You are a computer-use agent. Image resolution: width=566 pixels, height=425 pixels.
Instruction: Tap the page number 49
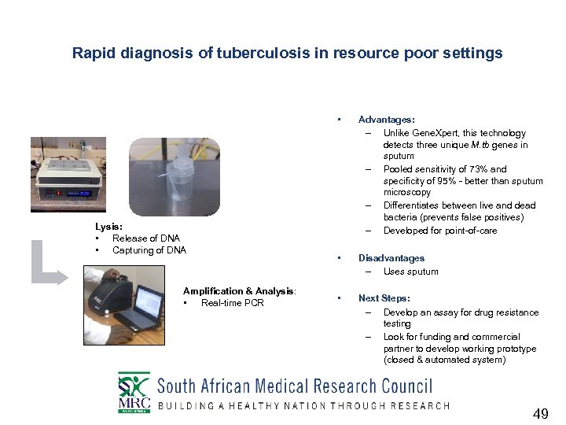(540, 414)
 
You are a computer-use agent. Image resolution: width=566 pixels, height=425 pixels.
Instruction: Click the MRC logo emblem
(133, 392)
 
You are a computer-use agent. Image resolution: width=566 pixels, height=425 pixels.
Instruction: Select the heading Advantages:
(386, 120)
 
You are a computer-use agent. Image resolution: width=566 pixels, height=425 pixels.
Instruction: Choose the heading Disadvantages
(391, 258)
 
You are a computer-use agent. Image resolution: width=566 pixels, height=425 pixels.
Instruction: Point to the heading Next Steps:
(384, 298)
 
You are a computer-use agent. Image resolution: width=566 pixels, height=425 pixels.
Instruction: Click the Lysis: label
(108, 227)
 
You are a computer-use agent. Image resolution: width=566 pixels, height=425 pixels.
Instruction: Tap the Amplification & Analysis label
(239, 291)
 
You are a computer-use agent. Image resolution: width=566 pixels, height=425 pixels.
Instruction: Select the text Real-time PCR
(232, 303)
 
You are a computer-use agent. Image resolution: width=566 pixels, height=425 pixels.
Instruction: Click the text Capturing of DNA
(149, 250)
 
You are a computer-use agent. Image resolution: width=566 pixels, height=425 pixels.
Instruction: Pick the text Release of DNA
(146, 238)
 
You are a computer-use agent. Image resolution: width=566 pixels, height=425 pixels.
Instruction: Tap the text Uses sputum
(410, 272)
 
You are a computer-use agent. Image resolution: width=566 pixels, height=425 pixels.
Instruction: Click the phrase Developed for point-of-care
(439, 231)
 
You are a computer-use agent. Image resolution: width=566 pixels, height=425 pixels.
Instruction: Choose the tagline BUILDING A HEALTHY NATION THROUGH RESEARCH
(303, 406)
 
